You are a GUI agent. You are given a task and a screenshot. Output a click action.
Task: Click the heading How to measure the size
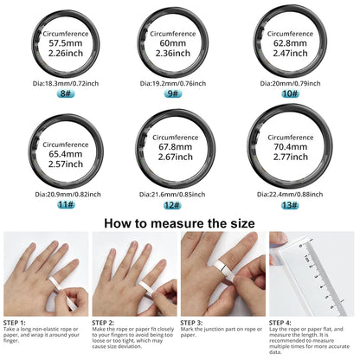pyautogui.click(x=179, y=223)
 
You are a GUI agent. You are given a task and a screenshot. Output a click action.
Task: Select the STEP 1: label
pyautogui.click(x=20, y=323)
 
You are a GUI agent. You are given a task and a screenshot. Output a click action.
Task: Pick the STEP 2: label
pyautogui.click(x=108, y=323)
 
